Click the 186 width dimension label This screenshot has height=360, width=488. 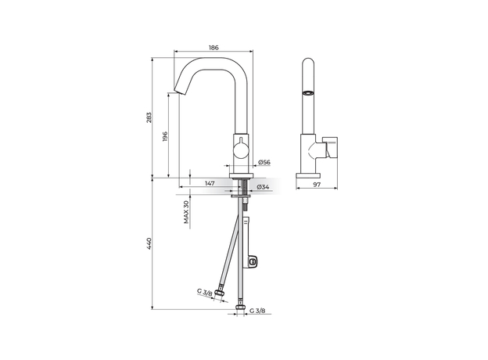[x=213, y=48]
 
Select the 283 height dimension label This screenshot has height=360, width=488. [x=149, y=117]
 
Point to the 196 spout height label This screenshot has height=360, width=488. [x=165, y=137]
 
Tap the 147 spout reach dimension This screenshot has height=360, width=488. [x=210, y=183]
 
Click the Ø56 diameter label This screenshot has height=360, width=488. [x=264, y=162]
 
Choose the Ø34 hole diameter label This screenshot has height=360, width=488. [x=263, y=187]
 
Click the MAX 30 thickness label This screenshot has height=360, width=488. [x=186, y=212]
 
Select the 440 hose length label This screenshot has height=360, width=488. [x=149, y=243]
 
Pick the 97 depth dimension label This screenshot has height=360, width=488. [x=317, y=185]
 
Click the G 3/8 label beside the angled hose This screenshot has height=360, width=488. [x=204, y=292]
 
